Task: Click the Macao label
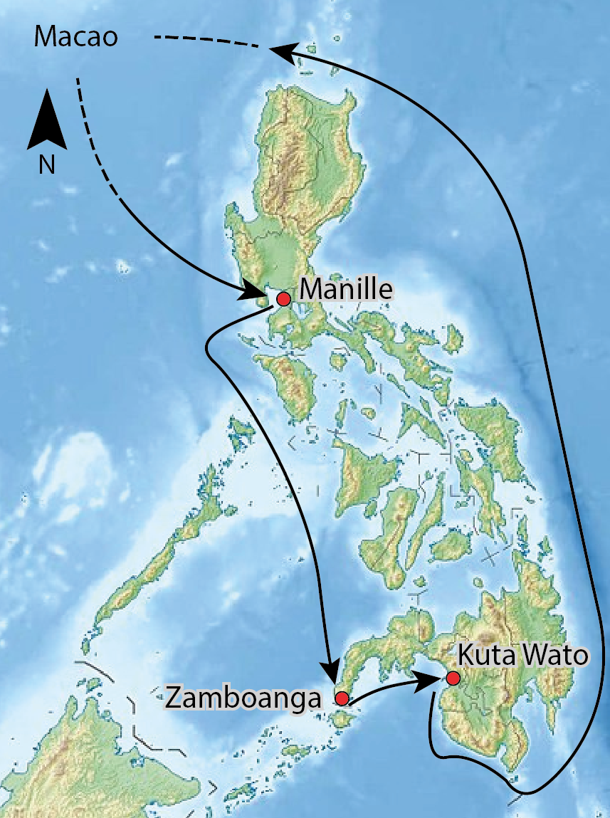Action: (x=75, y=38)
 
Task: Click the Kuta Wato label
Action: (x=522, y=655)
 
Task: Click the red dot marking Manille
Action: (x=284, y=298)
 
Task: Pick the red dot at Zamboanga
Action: (x=342, y=698)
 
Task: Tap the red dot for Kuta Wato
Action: (x=453, y=678)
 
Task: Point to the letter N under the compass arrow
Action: (x=47, y=164)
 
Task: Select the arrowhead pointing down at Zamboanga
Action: (x=330, y=673)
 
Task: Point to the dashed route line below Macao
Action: (x=96, y=135)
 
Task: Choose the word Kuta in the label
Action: (x=483, y=655)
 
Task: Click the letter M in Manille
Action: (x=310, y=289)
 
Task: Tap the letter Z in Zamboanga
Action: (x=173, y=698)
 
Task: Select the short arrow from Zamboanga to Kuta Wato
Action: (x=388, y=688)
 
